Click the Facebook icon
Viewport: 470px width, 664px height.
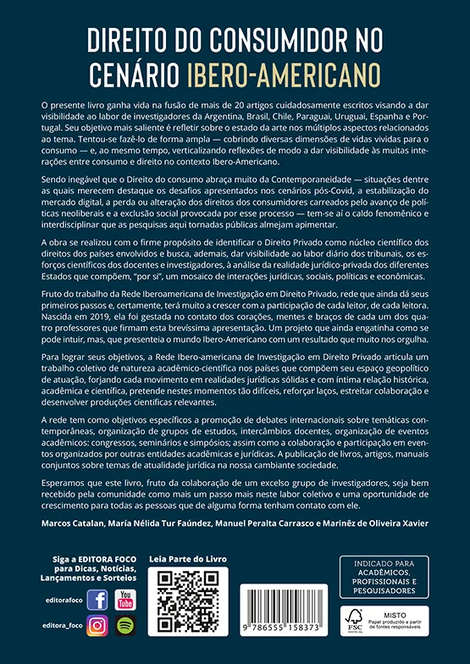[x=97, y=600]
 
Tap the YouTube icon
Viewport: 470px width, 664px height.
[x=125, y=600]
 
